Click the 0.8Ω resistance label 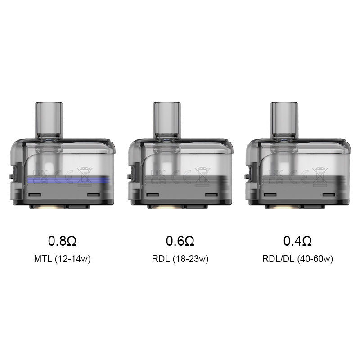[63, 241]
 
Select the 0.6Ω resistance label [180, 241]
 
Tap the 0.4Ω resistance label [297, 241]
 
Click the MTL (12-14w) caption [63, 259]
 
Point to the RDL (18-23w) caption [180, 259]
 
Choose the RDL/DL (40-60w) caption [297, 259]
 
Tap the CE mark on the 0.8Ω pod [62, 175]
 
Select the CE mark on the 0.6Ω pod [180, 175]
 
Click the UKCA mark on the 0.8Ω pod [39, 175]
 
